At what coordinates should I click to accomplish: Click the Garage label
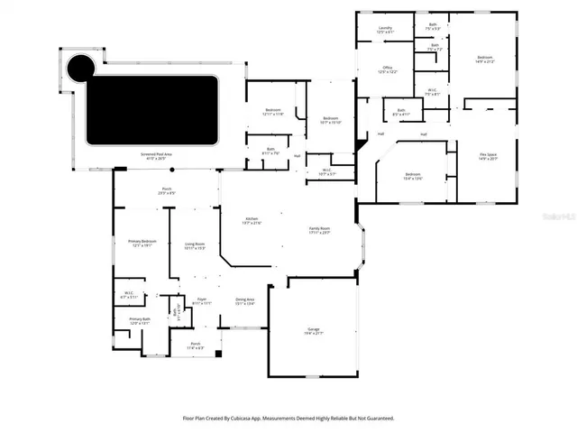pyautogui.click(x=313, y=332)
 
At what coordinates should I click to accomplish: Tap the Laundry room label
pyautogui.click(x=385, y=30)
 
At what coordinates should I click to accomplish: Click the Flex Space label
pyautogui.click(x=488, y=156)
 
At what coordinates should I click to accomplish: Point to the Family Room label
pyautogui.click(x=320, y=231)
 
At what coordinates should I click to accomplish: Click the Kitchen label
pyautogui.click(x=252, y=220)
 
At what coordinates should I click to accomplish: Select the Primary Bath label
pyautogui.click(x=139, y=320)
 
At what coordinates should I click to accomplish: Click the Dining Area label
pyautogui.click(x=244, y=301)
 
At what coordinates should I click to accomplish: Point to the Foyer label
pyautogui.click(x=203, y=300)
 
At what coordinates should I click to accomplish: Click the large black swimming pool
pyautogui.click(x=152, y=110)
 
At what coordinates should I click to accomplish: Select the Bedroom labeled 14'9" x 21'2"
pyautogui.click(x=485, y=60)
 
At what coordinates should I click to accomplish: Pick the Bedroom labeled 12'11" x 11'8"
pyautogui.click(x=272, y=112)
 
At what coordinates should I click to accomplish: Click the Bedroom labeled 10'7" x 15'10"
pyautogui.click(x=331, y=120)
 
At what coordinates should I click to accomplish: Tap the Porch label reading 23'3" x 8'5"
pyautogui.click(x=167, y=190)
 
